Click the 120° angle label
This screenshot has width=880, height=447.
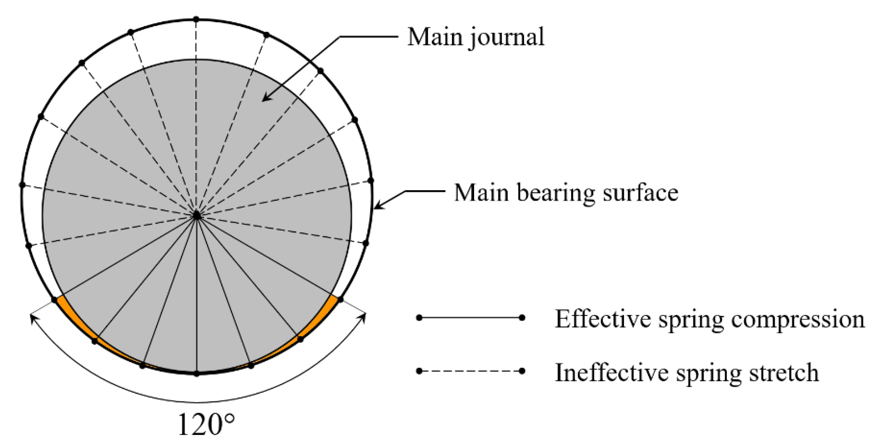click(206, 425)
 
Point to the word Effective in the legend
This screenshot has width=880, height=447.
click(602, 319)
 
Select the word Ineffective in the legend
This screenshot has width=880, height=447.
click(611, 373)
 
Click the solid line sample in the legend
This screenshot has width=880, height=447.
click(470, 318)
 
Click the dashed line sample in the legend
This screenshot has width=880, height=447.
click(470, 371)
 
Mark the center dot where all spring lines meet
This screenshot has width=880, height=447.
click(197, 215)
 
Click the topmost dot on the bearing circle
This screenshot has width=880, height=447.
click(196, 19)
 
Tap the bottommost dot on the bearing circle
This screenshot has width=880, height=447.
click(197, 374)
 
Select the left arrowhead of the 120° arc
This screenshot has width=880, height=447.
click(33, 318)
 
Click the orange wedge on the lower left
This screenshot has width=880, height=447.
click(76, 319)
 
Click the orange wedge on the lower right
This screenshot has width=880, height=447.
click(319, 319)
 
